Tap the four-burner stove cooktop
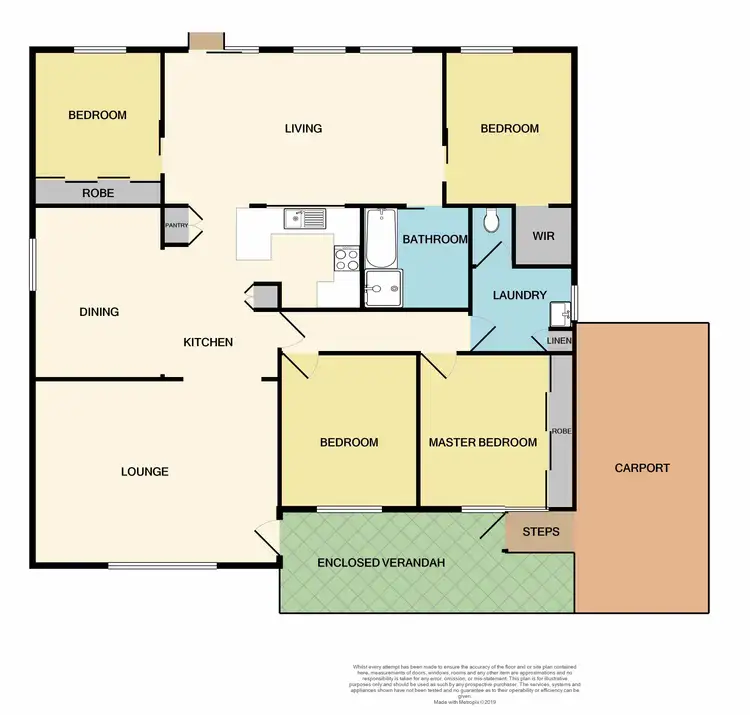[346, 260]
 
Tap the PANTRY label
[176, 226]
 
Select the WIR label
[543, 237]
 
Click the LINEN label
[559, 342]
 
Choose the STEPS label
[541, 532]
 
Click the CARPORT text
[642, 468]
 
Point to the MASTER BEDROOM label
[482, 442]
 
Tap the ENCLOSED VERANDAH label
[380, 563]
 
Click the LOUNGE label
[145, 472]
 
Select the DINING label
[99, 312]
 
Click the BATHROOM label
[435, 240]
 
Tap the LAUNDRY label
[520, 295]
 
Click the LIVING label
[303, 128]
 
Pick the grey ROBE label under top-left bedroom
[97, 193]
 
